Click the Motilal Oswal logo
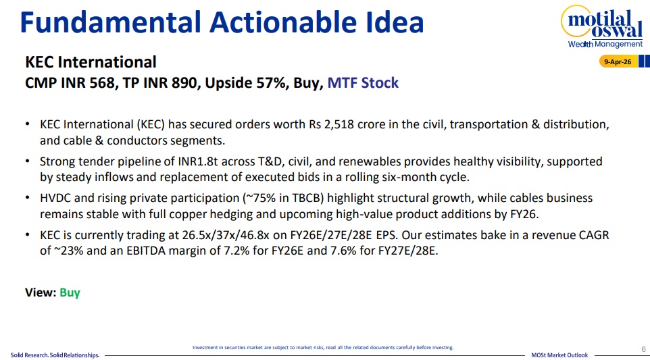coord(602,26)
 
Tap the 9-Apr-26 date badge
coord(618,61)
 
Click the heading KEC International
coord(91,62)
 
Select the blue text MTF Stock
coord(363,83)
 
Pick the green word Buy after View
coord(70,292)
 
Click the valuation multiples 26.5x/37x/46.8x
coord(226,235)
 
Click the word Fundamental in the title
coord(110,22)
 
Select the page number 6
coord(643,349)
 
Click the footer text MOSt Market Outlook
coord(559,355)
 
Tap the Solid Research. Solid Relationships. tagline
coord(55,355)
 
